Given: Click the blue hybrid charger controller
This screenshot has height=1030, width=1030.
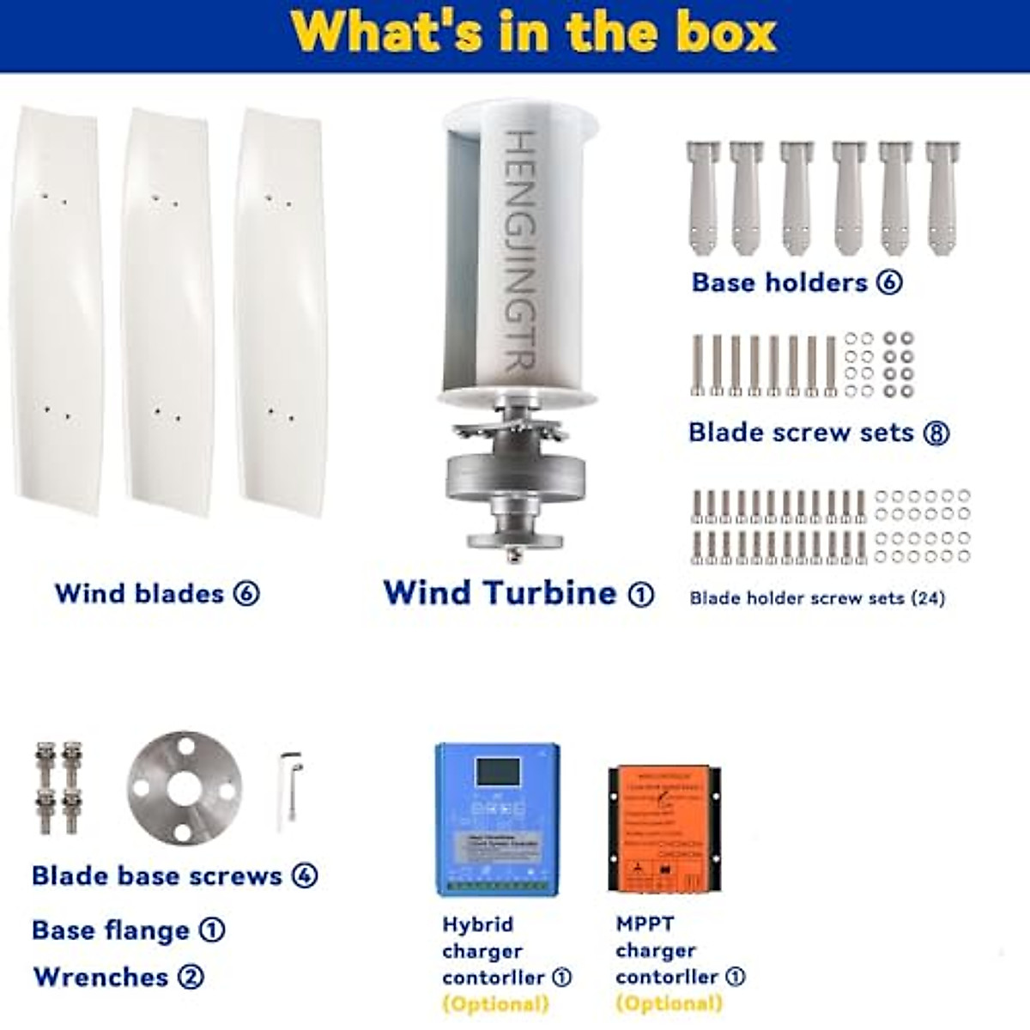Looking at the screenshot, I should click(498, 820).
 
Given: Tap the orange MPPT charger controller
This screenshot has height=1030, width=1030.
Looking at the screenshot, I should click(664, 828).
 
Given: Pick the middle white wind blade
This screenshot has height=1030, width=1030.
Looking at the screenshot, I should click(167, 313).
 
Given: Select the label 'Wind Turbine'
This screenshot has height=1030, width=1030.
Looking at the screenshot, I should click(500, 593).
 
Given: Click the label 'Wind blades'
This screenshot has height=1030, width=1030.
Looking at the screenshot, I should click(139, 593).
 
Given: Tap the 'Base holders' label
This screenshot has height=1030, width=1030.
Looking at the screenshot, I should click(779, 282).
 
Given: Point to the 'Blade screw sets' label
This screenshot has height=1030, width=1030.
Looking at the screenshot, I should click(801, 432).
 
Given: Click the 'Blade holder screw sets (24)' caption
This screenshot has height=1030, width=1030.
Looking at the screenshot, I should click(817, 598).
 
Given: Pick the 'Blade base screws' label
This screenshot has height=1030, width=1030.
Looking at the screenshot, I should click(156, 875).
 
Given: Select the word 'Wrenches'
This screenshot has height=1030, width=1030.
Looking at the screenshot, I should click(100, 977).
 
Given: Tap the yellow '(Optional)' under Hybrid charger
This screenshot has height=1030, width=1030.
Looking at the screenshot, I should click(495, 1003).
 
